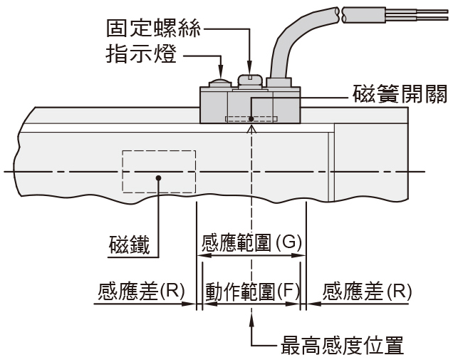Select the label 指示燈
141,54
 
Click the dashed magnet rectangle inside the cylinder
159,170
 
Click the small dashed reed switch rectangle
250,118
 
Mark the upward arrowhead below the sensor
251,129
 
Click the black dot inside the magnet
159,178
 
